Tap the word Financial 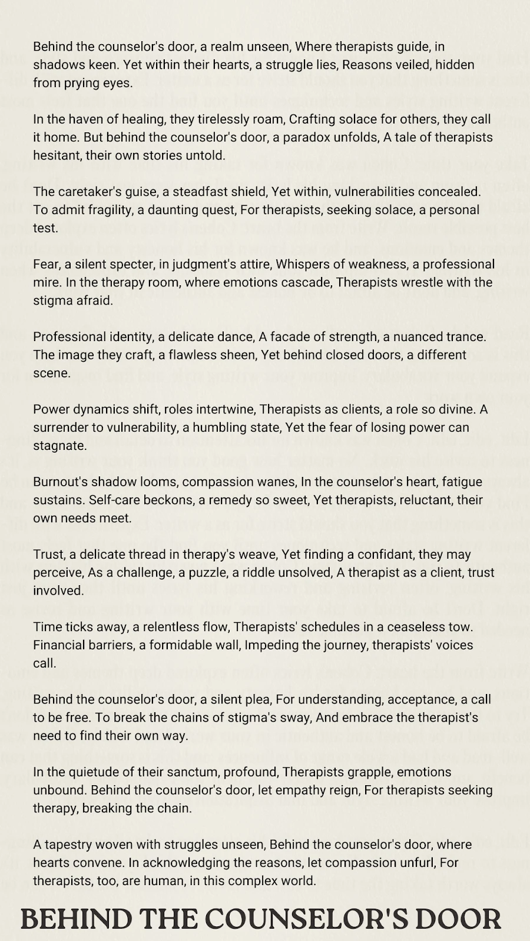[x=61, y=645]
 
